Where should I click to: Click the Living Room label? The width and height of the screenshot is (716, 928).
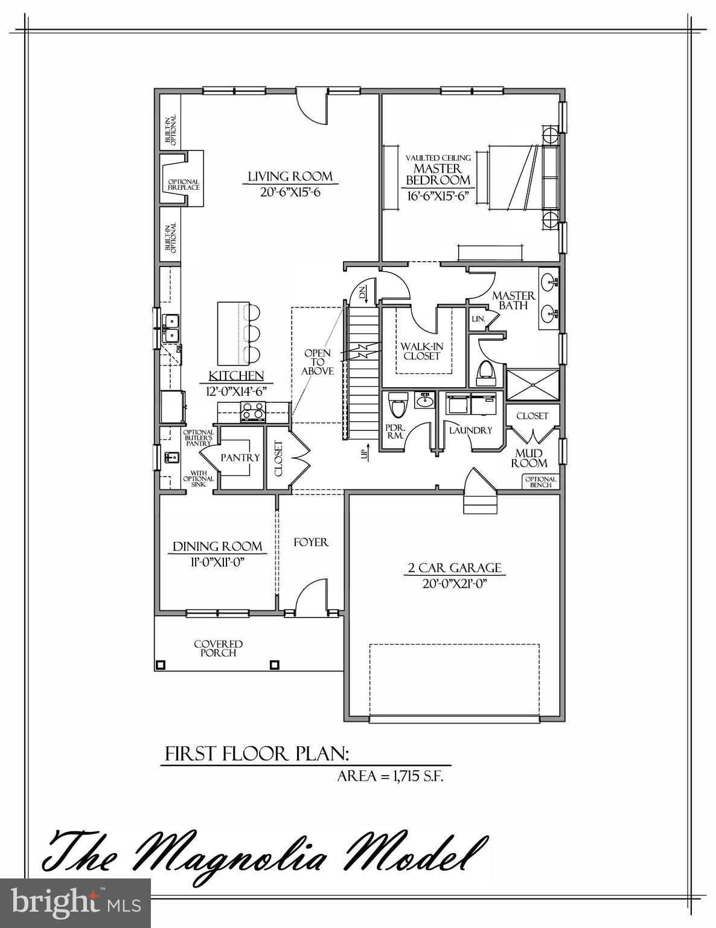coord(290,176)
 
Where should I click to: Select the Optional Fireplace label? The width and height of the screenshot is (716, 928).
coord(184,184)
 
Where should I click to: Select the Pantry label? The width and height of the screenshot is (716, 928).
coord(240,457)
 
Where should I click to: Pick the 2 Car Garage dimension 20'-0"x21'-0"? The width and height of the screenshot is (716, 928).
coord(455,584)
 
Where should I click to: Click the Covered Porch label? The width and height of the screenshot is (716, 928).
coord(218,648)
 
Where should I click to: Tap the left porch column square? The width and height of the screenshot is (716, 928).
coord(161,665)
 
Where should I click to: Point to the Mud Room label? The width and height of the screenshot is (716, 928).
coord(529,458)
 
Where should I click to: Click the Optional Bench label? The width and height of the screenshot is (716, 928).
coord(540,482)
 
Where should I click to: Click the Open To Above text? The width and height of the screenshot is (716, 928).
coord(318,362)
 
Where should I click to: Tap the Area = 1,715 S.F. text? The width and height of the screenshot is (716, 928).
coord(390,776)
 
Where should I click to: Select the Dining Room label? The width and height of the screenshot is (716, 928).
coord(217,546)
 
